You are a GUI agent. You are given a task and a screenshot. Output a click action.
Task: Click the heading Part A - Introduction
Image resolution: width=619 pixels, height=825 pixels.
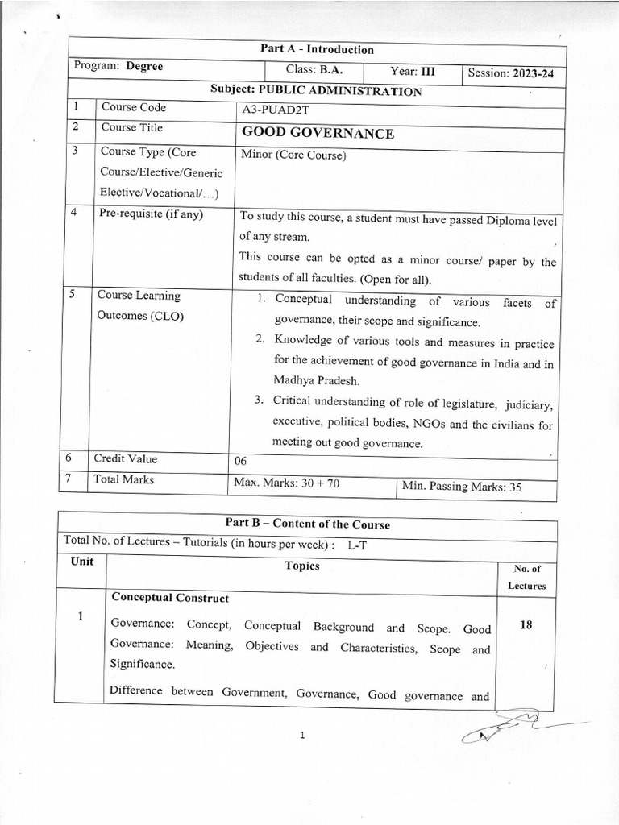(x=317, y=49)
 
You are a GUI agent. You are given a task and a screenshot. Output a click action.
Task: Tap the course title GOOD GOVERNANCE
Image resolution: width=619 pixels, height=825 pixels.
(x=318, y=134)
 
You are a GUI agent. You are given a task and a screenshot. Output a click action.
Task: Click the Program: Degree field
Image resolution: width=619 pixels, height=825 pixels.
(x=118, y=66)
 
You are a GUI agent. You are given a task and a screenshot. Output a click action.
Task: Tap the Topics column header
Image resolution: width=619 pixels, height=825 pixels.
(x=302, y=566)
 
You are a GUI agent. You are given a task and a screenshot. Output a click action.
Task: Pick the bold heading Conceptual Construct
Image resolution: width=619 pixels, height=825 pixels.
(x=170, y=598)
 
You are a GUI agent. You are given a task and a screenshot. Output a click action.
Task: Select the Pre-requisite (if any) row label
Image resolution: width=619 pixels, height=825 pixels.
(x=152, y=214)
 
